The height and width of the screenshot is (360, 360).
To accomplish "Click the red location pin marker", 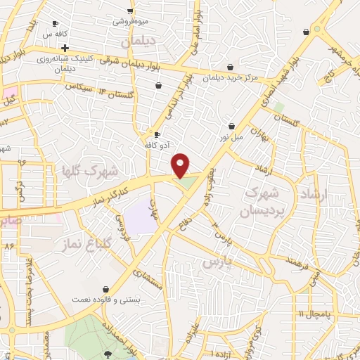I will [181, 165].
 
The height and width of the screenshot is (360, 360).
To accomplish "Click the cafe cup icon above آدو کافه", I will [157, 134].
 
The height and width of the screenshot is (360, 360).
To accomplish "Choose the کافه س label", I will [54, 33].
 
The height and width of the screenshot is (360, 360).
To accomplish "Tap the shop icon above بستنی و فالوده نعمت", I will [105, 289].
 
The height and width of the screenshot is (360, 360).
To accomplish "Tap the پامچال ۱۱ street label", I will [309, 312].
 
